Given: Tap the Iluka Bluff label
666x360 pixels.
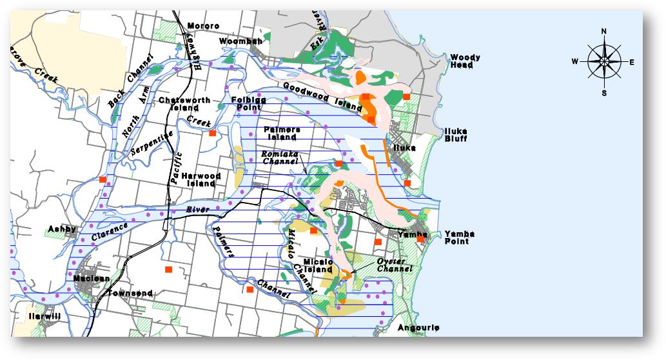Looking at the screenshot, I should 456,135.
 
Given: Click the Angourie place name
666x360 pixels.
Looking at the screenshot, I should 418,328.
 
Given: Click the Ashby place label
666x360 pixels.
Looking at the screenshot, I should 63,229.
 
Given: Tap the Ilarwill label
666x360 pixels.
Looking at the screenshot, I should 44,316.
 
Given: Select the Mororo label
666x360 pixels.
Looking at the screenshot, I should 203,26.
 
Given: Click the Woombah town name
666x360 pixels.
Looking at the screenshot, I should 241,41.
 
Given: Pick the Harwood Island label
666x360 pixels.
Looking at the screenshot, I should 201,179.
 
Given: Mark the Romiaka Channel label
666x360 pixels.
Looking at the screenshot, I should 280,158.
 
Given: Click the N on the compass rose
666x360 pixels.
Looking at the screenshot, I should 604,31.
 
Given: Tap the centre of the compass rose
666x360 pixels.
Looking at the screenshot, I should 604,62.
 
